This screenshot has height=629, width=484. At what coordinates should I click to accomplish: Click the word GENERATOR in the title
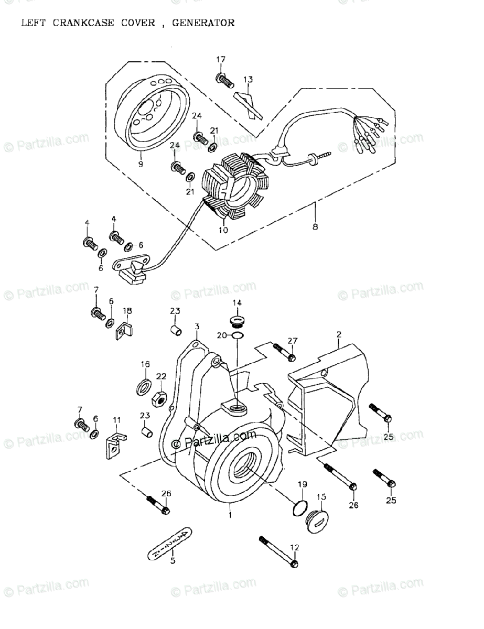click(207, 23)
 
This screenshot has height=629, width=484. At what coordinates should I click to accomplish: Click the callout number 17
click(220, 59)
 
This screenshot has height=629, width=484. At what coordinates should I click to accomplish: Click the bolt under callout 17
click(223, 80)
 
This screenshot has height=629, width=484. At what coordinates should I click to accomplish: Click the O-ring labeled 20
click(236, 335)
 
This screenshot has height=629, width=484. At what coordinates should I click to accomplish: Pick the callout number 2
click(339, 334)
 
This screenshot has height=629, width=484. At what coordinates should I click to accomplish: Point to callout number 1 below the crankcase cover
click(229, 515)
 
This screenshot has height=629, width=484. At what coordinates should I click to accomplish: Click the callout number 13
click(248, 80)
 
